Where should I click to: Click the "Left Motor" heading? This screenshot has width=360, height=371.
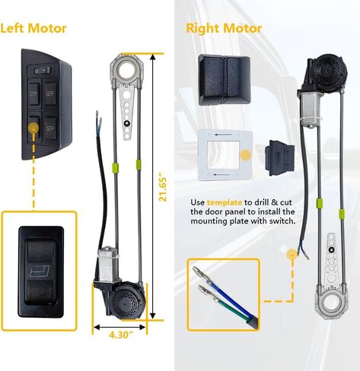click(x=33, y=28)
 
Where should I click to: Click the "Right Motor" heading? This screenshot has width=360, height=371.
click(x=224, y=28)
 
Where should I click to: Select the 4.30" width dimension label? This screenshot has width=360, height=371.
click(x=121, y=335)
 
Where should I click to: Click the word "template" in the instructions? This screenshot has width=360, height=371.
click(x=225, y=202)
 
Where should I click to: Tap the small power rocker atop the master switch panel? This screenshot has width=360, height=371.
click(x=42, y=71)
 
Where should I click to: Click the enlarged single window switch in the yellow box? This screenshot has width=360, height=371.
click(x=41, y=271)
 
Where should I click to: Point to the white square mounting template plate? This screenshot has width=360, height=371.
click(x=225, y=154)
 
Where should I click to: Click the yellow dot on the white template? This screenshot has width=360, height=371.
click(x=246, y=155)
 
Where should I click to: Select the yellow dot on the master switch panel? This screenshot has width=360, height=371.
click(x=33, y=127)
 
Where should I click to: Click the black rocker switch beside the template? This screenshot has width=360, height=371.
click(x=280, y=157)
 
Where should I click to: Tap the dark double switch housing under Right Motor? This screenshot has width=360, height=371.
click(x=225, y=80)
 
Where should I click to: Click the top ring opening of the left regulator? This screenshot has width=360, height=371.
click(x=127, y=67)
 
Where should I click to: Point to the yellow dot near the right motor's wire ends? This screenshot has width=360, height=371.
click(x=292, y=255)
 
